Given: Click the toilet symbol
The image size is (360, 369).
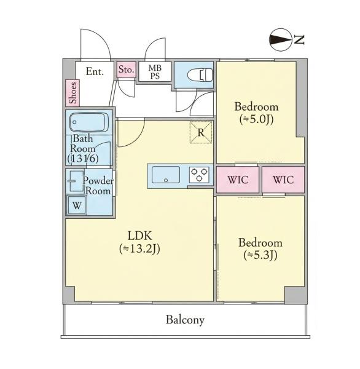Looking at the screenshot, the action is pyautogui.click(x=200, y=75).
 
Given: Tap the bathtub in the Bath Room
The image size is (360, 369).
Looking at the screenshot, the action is pyautogui.click(x=89, y=122).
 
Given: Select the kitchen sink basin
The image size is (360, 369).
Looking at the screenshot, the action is pyautogui.click(x=166, y=175).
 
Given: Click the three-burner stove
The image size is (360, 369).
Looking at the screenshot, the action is pyautogui.click(x=199, y=175).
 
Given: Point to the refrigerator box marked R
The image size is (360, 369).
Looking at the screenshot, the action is pyautogui.click(x=201, y=132).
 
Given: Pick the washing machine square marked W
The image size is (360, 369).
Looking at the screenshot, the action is pyautogui.click(x=77, y=205).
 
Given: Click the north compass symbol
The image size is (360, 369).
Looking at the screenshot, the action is pyautogui.click(x=279, y=40).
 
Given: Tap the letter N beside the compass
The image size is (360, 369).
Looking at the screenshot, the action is pyautogui.click(x=299, y=40).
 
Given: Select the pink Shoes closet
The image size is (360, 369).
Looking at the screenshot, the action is pyautogui.click(x=72, y=93).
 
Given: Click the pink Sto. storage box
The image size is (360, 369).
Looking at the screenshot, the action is pyautogui.click(x=127, y=69).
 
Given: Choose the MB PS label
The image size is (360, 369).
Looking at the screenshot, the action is pyautogui.click(x=155, y=72).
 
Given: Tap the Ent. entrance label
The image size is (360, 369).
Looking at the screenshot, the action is pyautogui.click(x=95, y=71).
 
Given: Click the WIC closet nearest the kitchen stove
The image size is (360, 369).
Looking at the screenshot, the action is pyautogui.click(x=238, y=180).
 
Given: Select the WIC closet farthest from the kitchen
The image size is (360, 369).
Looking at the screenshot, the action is pyautogui.click(x=283, y=180).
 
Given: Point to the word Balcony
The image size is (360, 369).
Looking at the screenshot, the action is pyautogui.click(x=185, y=320).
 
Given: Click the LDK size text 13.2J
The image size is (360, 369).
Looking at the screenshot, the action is pyautogui.click(x=139, y=248).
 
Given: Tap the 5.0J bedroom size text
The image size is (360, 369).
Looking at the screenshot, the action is pyautogui.click(x=257, y=119).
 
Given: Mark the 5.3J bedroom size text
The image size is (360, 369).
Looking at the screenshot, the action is pyautogui.click(x=260, y=255).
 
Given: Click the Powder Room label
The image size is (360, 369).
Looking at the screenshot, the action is pyautogui.click(x=98, y=186).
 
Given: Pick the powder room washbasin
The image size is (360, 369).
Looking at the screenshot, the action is pyautogui.click(x=76, y=181).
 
